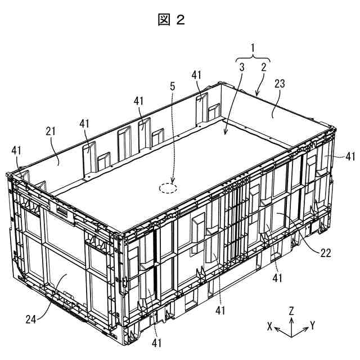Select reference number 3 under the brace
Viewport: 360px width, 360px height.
tap(241, 68)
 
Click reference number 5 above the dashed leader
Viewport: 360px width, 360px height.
tap(173, 87)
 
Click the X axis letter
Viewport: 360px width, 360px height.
tap(271, 326)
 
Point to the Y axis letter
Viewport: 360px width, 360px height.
tap(312, 326)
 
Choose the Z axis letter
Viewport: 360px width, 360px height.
tap(291, 310)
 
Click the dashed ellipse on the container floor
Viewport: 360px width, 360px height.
tap(168, 188)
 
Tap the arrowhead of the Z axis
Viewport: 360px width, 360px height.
tap(291, 318)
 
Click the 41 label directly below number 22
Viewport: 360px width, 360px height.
tap(276, 277)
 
